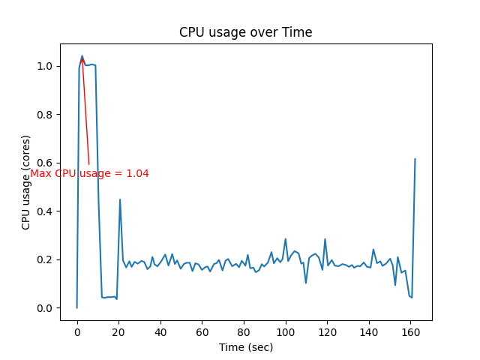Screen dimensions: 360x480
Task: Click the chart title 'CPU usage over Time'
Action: pyautogui.click(x=245, y=32)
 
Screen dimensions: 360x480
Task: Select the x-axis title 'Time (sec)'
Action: pyautogui.click(x=245, y=347)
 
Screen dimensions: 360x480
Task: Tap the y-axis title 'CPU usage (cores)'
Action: pyautogui.click(x=26, y=182)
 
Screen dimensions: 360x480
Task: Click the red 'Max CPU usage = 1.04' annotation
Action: pyautogui.click(x=89, y=173)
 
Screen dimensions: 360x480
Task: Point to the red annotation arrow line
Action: pyautogui.click(x=85, y=112)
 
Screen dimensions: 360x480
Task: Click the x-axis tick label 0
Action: pyautogui.click(x=76, y=331)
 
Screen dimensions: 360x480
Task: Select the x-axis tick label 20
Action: pyautogui.click(x=118, y=331)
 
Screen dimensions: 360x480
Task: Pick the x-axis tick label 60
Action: pyautogui.click(x=202, y=331)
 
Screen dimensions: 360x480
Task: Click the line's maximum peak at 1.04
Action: pyautogui.click(x=82, y=56)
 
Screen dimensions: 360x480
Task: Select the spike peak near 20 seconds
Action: pyautogui.click(x=120, y=199)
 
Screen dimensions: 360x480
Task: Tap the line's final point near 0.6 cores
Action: pyautogui.click(x=415, y=159)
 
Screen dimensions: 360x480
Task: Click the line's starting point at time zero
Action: pyautogui.click(x=76, y=307)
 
